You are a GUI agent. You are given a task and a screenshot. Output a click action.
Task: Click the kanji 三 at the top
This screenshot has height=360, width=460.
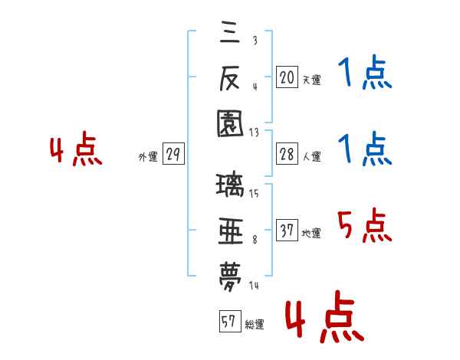pyautogui.click(x=230, y=32)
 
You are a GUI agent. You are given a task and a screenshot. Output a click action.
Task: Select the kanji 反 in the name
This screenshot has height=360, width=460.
pyautogui.click(x=230, y=78)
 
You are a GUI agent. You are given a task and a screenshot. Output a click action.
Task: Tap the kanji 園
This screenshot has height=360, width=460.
pyautogui.click(x=230, y=124)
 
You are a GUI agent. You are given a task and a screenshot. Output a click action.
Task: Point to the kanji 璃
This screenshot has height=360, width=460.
pyautogui.click(x=230, y=185)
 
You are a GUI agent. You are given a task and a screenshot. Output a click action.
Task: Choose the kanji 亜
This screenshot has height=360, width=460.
pyautogui.click(x=231, y=231)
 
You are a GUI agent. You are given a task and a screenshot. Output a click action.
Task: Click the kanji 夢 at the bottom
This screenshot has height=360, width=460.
pyautogui.click(x=230, y=277)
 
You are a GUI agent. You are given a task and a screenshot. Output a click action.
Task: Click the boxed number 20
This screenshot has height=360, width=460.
pyautogui.click(x=287, y=77)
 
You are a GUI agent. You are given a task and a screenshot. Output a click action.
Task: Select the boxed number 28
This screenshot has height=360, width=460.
pyautogui.click(x=287, y=153)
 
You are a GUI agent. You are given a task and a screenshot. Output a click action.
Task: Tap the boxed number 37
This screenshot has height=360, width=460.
pyautogui.click(x=287, y=230)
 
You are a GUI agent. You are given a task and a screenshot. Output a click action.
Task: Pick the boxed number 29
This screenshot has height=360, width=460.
pyautogui.click(x=173, y=153)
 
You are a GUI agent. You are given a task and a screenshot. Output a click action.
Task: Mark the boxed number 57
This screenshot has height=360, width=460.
pyautogui.click(x=230, y=321)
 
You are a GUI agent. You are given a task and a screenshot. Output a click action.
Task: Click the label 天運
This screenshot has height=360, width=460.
pyautogui.click(x=312, y=80)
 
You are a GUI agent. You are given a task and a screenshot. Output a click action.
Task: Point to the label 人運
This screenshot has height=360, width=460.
pyautogui.click(x=312, y=156)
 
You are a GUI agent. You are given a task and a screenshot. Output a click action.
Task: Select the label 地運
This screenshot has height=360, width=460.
pyautogui.click(x=311, y=233)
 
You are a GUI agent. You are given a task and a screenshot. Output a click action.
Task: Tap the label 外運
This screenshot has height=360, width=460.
pyautogui.click(x=148, y=156)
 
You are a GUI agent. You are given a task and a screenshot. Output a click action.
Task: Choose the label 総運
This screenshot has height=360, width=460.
pyautogui.click(x=255, y=324)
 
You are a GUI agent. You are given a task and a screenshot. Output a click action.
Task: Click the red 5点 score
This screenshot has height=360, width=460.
pyautogui.click(x=365, y=225)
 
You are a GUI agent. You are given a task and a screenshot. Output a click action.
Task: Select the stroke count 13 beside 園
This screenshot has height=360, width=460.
pyautogui.click(x=254, y=133)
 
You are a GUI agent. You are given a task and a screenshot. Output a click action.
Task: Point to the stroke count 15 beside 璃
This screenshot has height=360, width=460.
pyautogui.click(x=254, y=193)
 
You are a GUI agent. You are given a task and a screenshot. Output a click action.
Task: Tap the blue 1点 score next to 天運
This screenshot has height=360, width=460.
pyautogui.click(x=365, y=72)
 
